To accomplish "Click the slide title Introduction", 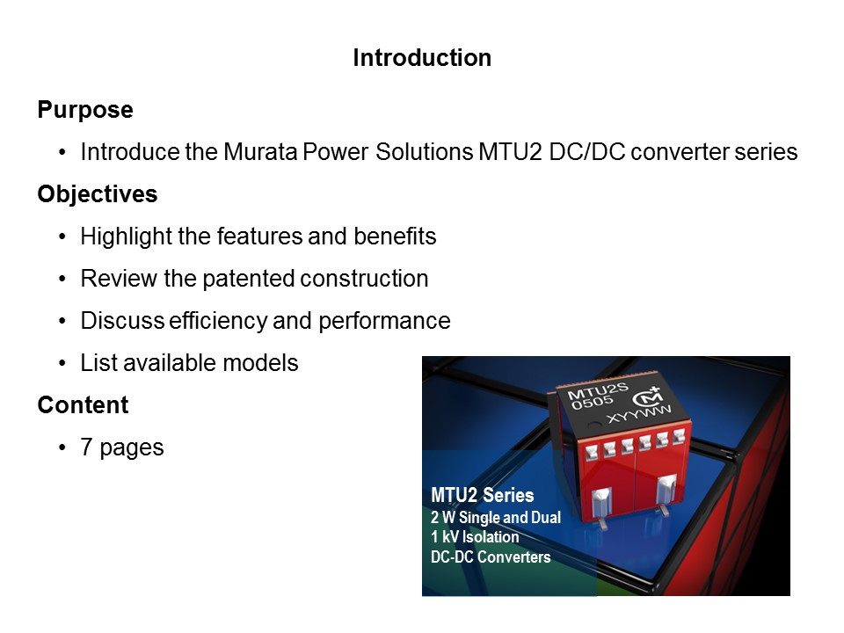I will pyautogui.click(x=422, y=58).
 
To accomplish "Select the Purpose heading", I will pyautogui.click(x=85, y=110).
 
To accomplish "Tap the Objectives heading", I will pyautogui.click(x=97, y=194).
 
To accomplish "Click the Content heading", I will pyautogui.click(x=83, y=405).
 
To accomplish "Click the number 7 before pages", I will pyautogui.click(x=86, y=447).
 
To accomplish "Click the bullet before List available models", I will pyautogui.click(x=62, y=363).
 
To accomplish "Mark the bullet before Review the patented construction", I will pyautogui.click(x=62, y=279).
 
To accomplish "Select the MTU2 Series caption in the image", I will pyautogui.click(x=482, y=496).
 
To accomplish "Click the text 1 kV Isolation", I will pyautogui.click(x=475, y=536).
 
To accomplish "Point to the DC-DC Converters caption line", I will pyautogui.click(x=491, y=557).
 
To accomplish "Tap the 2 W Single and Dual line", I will pyautogui.click(x=495, y=517).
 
